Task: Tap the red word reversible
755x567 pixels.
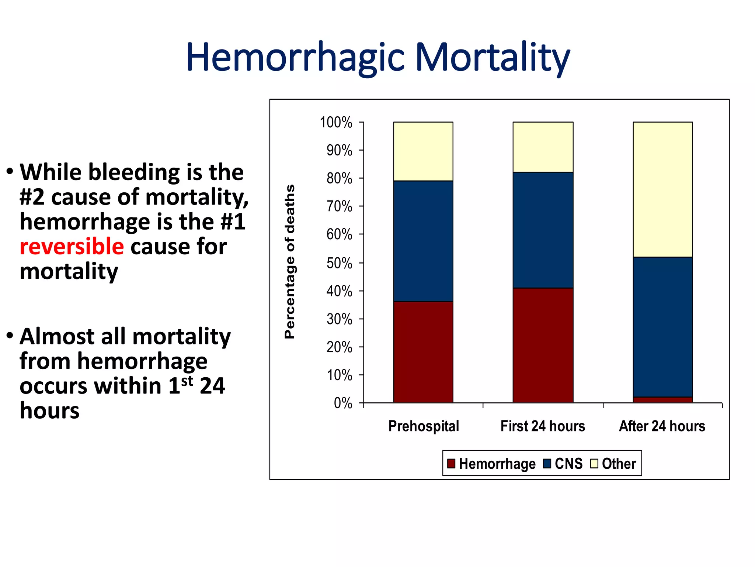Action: (72, 247)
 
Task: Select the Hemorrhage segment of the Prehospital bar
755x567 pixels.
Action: (423, 352)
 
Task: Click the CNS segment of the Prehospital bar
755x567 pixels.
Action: (423, 241)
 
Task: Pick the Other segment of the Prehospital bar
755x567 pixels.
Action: (423, 151)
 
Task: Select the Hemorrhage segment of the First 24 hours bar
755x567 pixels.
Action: (543, 345)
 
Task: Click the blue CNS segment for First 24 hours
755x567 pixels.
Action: (543, 230)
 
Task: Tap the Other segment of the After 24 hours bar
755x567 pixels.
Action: (662, 189)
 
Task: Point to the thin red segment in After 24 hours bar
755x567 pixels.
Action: (662, 400)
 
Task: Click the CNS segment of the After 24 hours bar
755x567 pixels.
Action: (662, 327)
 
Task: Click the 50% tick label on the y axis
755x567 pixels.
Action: (339, 263)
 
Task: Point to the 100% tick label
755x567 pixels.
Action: (336, 123)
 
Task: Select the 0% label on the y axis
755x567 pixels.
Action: (343, 403)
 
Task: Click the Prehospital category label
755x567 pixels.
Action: (424, 426)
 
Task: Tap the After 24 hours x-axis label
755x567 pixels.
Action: (662, 426)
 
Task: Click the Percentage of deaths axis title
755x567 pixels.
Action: (290, 261)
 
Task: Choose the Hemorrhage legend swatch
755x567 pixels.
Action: (451, 464)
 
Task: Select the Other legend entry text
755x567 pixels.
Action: (619, 464)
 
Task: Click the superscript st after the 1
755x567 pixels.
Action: (187, 381)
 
